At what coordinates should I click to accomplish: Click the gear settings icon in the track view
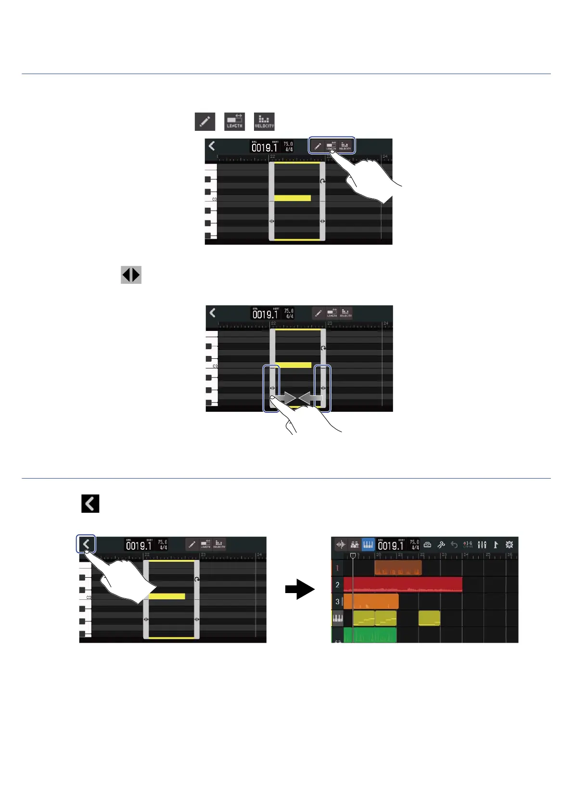[x=509, y=544]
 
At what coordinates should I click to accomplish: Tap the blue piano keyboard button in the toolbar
[x=368, y=544]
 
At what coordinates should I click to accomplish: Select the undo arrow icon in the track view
[x=454, y=544]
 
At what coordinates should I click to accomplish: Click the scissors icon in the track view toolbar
[x=441, y=544]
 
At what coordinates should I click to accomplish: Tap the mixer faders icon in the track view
[x=482, y=544]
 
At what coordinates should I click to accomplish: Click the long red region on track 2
[x=403, y=584]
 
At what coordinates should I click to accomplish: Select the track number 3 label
[x=337, y=601]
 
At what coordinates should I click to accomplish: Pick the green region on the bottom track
[x=370, y=635]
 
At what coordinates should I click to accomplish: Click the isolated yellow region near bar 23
[x=429, y=618]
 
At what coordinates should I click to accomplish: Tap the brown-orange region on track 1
[x=398, y=568]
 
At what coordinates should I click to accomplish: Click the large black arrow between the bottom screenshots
[x=299, y=589]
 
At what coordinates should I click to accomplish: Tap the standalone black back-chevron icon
[x=90, y=504]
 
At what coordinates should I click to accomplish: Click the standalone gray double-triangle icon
[x=131, y=275]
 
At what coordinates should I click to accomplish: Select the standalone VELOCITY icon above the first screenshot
[x=264, y=121]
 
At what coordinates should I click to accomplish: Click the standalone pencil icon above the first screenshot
[x=205, y=121]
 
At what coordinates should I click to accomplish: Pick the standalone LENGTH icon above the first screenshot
[x=235, y=121]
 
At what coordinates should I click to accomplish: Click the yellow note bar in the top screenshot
[x=293, y=198]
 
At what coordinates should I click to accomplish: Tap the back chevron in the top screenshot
[x=212, y=146]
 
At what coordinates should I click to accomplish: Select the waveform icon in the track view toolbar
[x=341, y=544]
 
